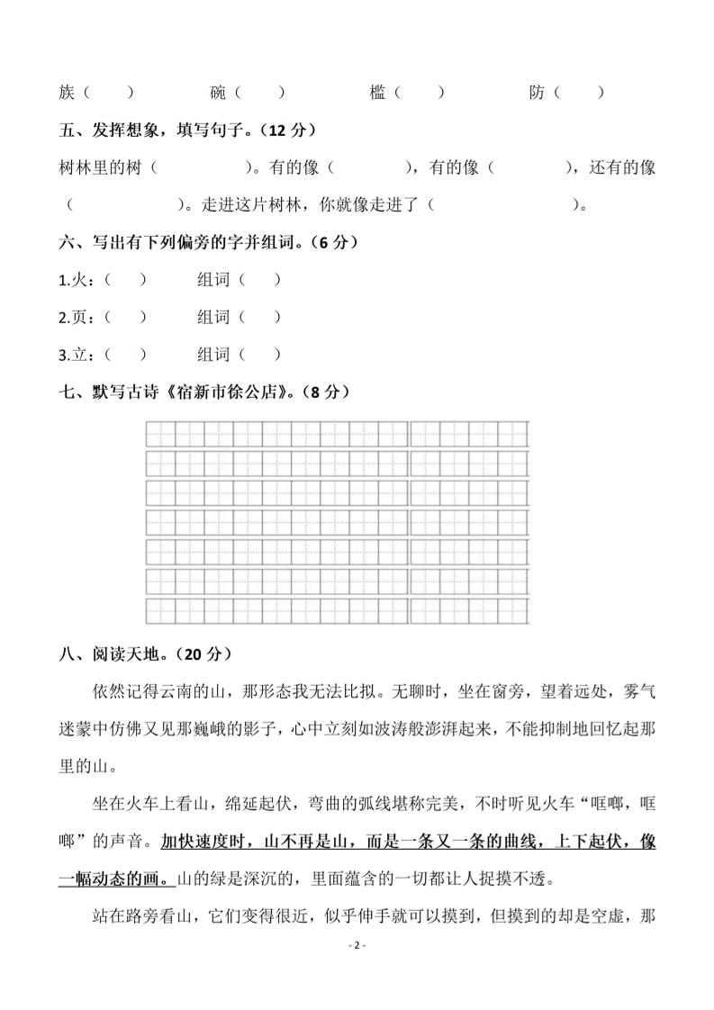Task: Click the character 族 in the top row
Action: coord(67,92)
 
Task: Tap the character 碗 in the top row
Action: coord(218,92)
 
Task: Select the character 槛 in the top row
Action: coord(378,92)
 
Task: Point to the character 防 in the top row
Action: coord(538,92)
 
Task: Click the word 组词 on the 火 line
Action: coord(213,280)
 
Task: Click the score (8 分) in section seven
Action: coord(323,392)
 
